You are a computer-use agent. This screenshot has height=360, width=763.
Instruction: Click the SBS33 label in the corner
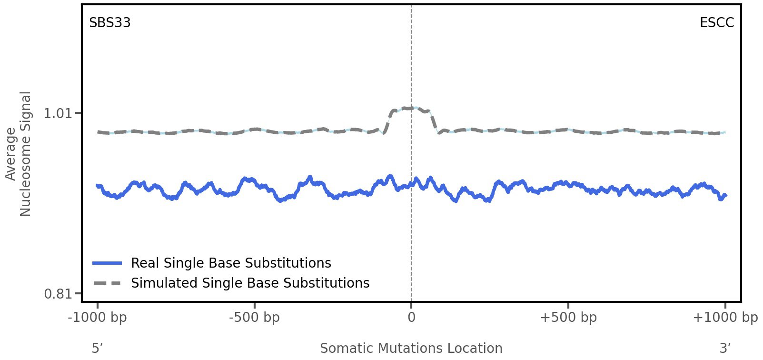pyautogui.click(x=110, y=23)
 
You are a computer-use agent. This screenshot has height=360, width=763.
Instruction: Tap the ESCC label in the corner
pyautogui.click(x=716, y=23)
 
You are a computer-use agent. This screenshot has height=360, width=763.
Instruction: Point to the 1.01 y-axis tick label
pyautogui.click(x=57, y=113)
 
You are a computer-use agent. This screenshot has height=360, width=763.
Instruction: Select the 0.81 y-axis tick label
pyautogui.click(x=57, y=294)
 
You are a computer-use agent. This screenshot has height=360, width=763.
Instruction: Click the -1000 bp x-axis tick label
pyautogui.click(x=98, y=318)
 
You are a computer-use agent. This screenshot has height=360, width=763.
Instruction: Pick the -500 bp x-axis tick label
pyautogui.click(x=254, y=318)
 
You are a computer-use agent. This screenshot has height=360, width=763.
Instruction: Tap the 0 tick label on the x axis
pyautogui.click(x=411, y=318)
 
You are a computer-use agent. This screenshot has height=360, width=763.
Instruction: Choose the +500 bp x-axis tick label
pyautogui.click(x=568, y=318)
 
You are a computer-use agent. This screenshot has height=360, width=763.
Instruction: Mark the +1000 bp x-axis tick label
pyautogui.click(x=725, y=318)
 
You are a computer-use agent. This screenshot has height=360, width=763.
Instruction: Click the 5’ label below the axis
pyautogui.click(x=98, y=349)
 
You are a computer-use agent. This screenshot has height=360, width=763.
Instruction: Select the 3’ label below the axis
pyautogui.click(x=725, y=349)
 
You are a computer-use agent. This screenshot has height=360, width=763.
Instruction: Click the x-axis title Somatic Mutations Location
pyautogui.click(x=411, y=349)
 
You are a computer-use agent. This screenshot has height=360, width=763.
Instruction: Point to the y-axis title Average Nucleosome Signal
pyautogui.click(x=18, y=154)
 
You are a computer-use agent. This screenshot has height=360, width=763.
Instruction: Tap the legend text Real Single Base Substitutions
pyautogui.click(x=231, y=263)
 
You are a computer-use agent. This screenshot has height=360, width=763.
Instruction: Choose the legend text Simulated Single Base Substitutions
pyautogui.click(x=250, y=283)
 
